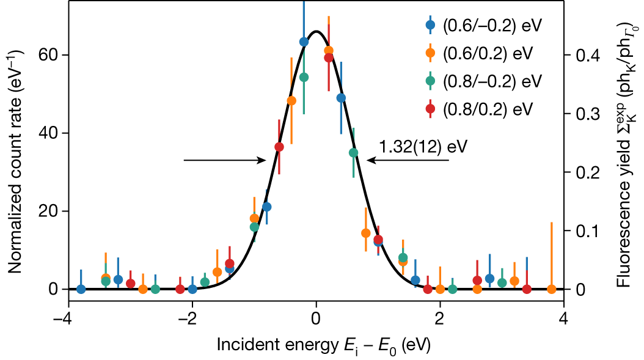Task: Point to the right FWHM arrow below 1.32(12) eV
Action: click(408, 160)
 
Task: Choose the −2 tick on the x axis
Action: click(189, 320)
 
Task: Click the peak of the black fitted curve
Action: click(316, 31)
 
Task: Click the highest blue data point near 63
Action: click(304, 42)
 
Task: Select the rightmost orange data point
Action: click(551, 289)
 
